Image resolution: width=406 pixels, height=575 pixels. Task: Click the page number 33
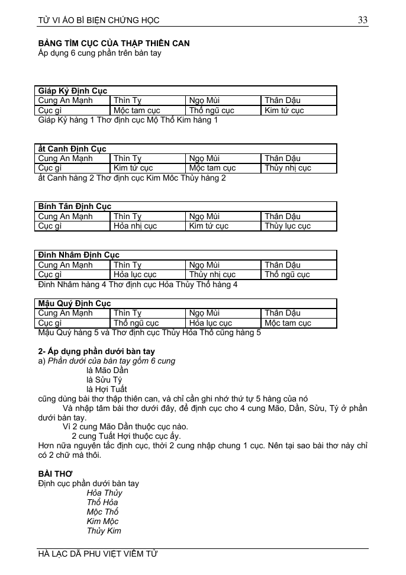[362, 20]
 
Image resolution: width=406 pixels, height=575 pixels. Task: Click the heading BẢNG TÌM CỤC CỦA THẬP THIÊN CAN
[114, 44]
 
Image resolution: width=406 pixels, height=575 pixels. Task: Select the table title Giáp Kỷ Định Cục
[73, 91]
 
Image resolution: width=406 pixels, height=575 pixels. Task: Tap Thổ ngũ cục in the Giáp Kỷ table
[211, 110]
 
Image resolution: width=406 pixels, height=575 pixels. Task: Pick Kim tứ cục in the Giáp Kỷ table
[284, 110]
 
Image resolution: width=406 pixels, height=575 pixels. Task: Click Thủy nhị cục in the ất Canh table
[288, 168]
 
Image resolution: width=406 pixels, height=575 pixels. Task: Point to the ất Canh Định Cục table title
[72, 149]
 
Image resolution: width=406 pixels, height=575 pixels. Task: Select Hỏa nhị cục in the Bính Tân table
[135, 226]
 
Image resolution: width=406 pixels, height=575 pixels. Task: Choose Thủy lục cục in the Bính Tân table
[288, 226]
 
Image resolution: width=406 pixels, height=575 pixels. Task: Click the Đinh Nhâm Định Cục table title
[79, 255]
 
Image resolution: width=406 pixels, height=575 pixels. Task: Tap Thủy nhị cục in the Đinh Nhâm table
[212, 275]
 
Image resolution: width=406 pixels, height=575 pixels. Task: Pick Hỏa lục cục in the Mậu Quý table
[210, 323]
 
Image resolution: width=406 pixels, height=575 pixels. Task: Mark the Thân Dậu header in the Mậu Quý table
[282, 313]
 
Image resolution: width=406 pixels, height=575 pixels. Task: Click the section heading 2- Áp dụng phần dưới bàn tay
[96, 351]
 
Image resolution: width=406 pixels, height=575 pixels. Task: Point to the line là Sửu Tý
[104, 380]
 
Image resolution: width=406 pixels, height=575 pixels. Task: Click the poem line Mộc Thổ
[102, 512]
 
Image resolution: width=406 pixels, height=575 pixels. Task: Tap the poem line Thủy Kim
[104, 531]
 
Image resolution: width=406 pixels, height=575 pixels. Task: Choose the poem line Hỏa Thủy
[104, 493]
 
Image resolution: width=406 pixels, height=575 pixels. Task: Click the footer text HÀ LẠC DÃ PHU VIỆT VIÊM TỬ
[98, 554]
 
